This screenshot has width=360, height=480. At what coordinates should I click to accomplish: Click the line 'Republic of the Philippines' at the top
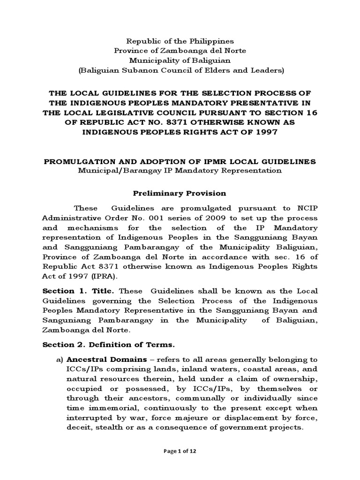click(x=180, y=41)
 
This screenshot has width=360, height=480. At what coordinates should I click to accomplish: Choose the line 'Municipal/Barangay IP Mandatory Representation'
click(x=180, y=171)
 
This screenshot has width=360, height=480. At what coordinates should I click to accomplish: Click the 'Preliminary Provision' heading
click(x=180, y=193)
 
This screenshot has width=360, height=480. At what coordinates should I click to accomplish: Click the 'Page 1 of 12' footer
click(x=180, y=464)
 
